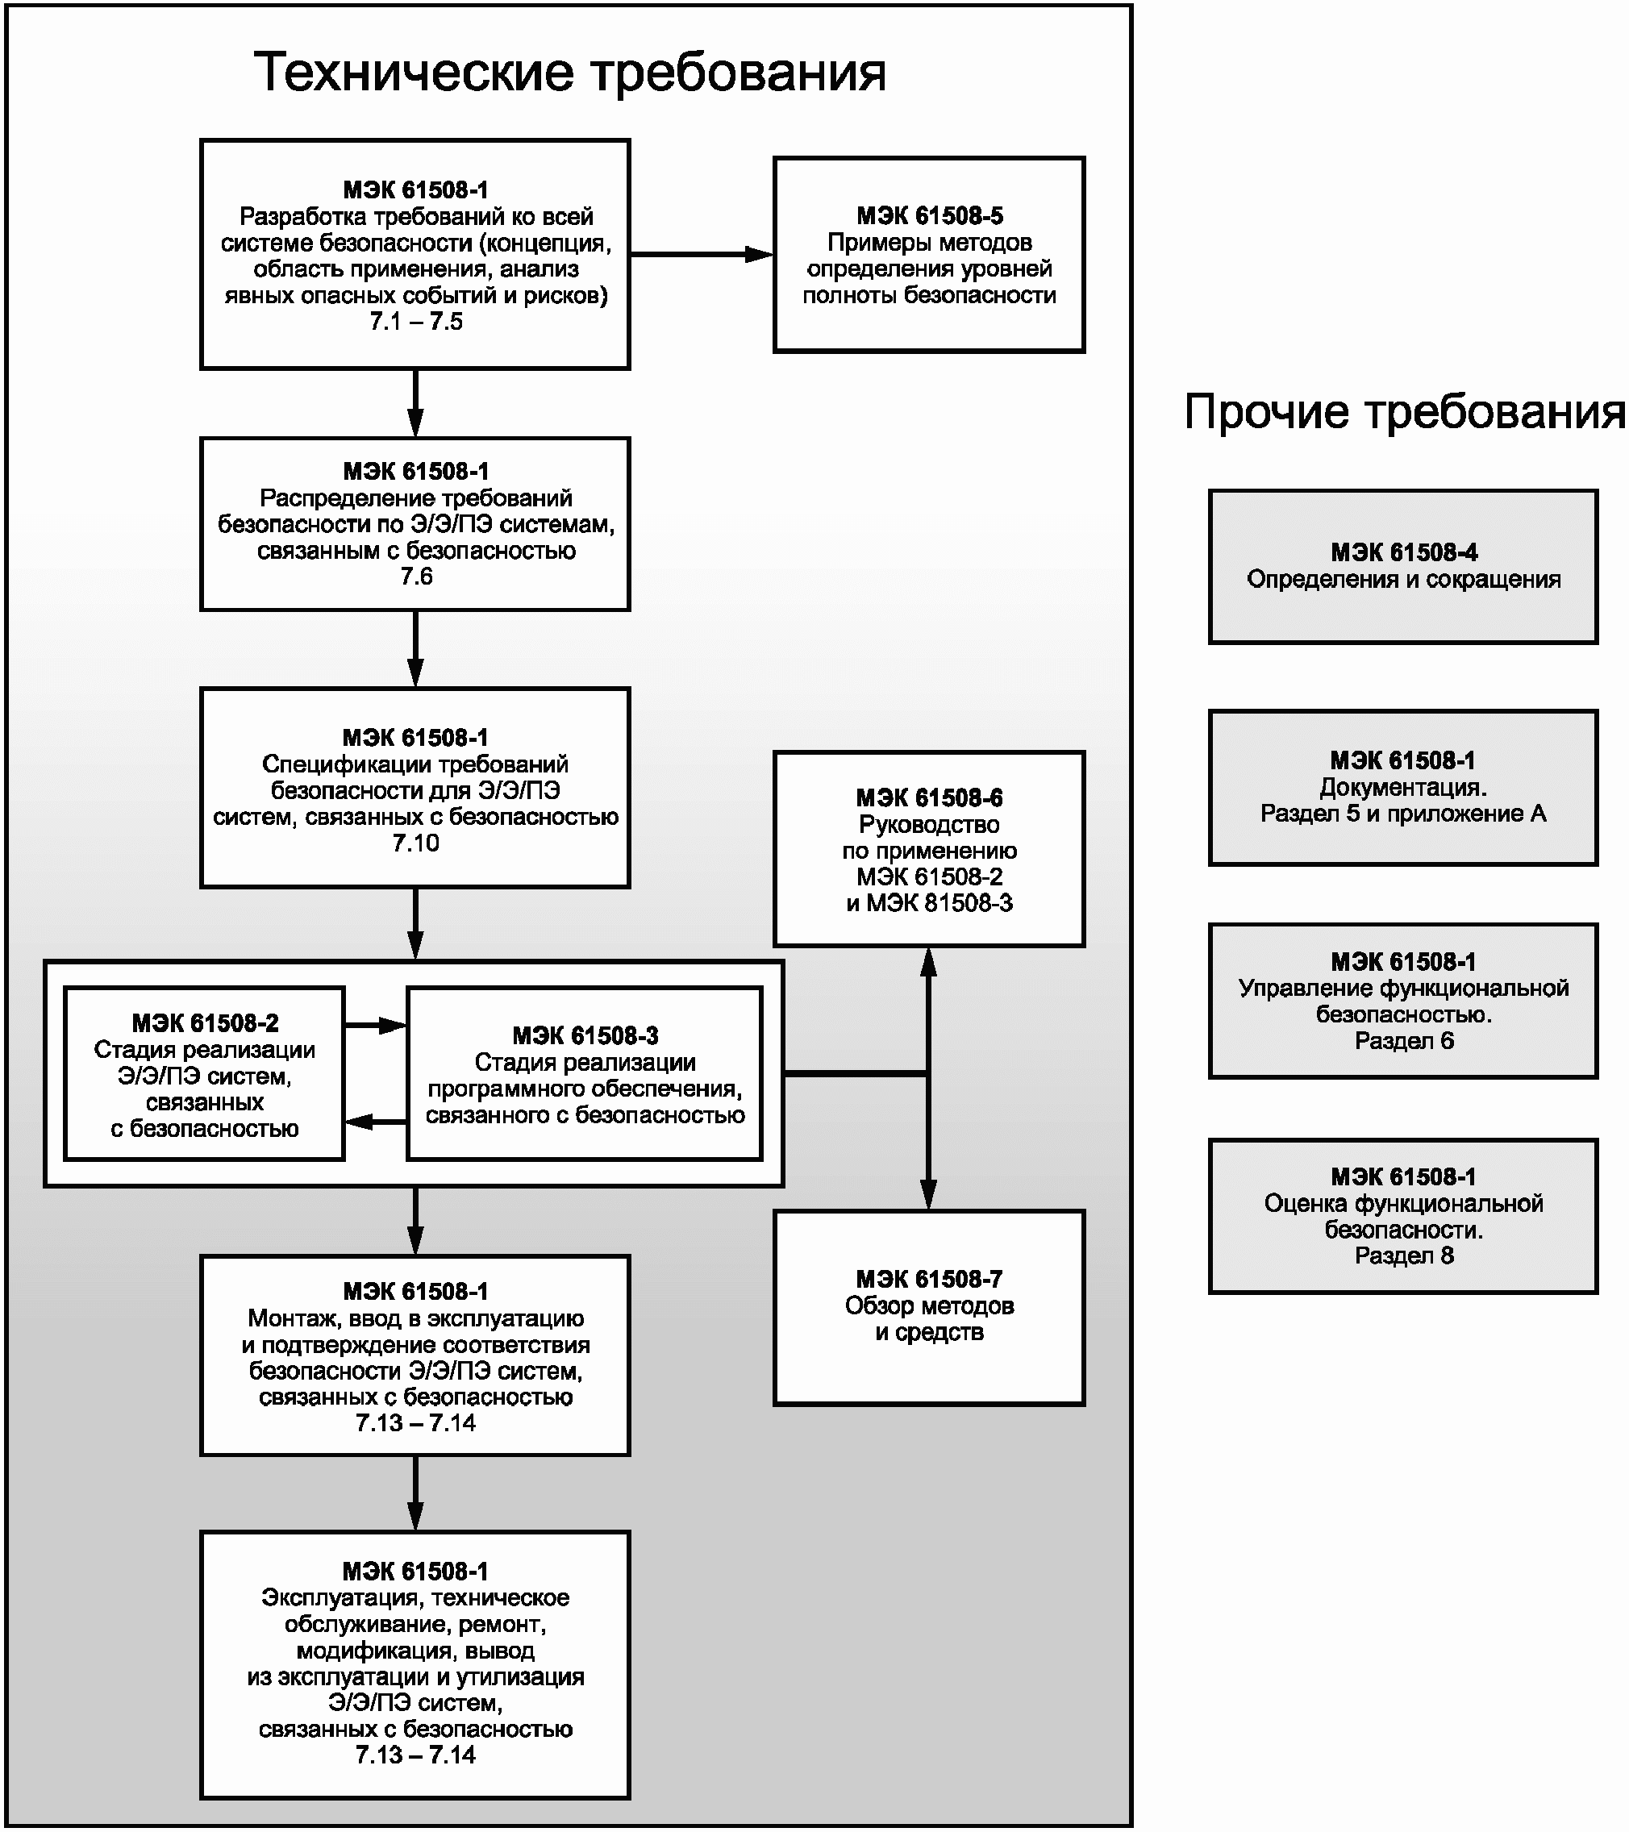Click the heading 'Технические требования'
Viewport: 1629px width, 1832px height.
click(x=570, y=73)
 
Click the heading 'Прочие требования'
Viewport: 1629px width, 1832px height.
click(x=1404, y=412)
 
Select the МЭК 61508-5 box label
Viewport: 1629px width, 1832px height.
click(x=930, y=216)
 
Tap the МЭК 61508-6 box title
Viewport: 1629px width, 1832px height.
click(x=930, y=797)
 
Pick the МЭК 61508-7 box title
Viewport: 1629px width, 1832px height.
click(x=930, y=1279)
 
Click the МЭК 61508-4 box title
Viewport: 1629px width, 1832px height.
click(x=1404, y=552)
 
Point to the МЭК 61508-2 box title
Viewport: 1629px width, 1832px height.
click(x=206, y=1022)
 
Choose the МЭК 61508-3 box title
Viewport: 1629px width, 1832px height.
click(x=585, y=1035)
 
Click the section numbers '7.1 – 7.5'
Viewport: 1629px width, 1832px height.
click(x=416, y=322)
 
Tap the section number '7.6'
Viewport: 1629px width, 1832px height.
click(x=416, y=577)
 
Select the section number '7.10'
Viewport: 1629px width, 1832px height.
click(x=416, y=843)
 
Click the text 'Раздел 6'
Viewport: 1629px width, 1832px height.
click(x=1404, y=1041)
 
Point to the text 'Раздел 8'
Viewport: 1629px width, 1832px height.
click(x=1404, y=1255)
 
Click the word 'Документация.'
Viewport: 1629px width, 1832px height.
click(x=1404, y=787)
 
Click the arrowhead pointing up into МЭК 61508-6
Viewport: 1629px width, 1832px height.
click(x=929, y=963)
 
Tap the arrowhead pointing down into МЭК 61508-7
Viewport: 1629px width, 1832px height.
click(x=929, y=1195)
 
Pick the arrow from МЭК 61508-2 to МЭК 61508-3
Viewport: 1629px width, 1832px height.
click(x=377, y=1024)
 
